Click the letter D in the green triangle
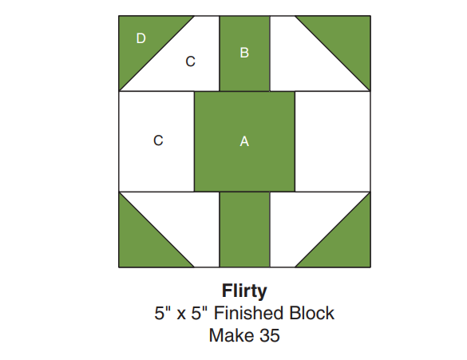[140, 38]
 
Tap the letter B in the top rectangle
[244, 53]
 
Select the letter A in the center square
[244, 141]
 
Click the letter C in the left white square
[158, 140]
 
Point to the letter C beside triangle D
[190, 61]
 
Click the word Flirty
[244, 291]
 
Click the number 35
[270, 335]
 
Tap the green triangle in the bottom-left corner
[144, 242]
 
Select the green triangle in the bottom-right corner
[346, 242]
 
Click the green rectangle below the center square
[244, 230]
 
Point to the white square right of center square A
[333, 141]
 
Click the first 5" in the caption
[163, 313]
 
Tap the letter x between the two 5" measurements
[181, 315]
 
